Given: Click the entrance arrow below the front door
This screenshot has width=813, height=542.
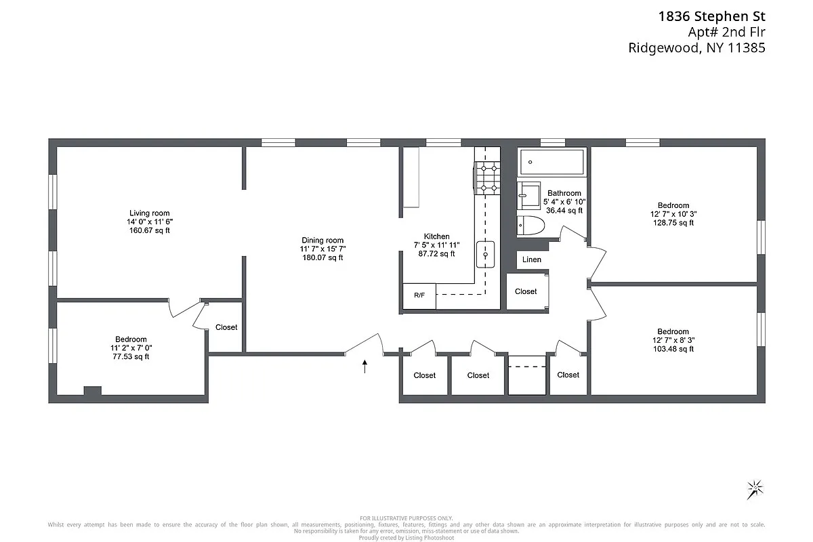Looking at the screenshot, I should click(x=365, y=367).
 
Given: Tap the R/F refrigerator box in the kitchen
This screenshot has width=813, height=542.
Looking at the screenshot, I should click(x=419, y=295).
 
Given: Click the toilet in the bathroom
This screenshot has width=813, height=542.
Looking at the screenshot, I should click(x=532, y=225).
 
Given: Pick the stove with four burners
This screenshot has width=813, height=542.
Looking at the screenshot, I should click(x=486, y=178).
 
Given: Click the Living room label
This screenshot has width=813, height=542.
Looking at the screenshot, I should click(x=149, y=213).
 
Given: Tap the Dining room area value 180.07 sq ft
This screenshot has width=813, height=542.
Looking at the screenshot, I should click(x=322, y=257).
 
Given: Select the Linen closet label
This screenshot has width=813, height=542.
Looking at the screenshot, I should click(x=532, y=259).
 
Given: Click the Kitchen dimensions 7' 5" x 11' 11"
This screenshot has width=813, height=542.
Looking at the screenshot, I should click(x=436, y=245).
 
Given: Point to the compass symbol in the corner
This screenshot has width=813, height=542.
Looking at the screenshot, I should click(x=754, y=488).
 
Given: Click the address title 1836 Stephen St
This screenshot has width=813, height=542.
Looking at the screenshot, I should click(x=711, y=16).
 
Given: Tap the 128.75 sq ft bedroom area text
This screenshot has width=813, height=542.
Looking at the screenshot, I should click(x=673, y=223).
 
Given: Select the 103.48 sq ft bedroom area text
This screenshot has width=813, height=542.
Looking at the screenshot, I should click(x=673, y=349).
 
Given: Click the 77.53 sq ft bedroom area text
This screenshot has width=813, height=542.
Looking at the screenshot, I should click(x=131, y=357).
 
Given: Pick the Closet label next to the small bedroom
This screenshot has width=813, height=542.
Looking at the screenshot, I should click(x=226, y=327).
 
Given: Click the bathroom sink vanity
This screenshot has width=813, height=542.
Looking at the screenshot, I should click(x=528, y=196).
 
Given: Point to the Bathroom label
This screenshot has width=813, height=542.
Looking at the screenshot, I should click(x=564, y=193).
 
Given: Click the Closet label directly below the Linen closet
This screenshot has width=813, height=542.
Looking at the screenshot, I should click(x=526, y=291).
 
